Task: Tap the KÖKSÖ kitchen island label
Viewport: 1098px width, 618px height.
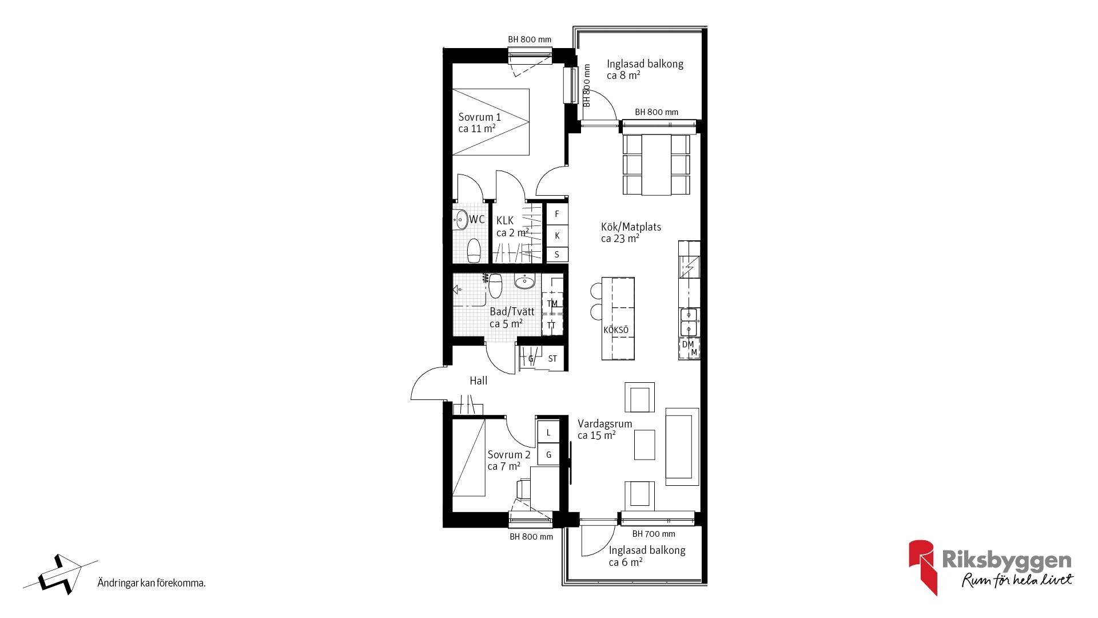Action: (x=616, y=330)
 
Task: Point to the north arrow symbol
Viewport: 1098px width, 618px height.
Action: (x=60, y=574)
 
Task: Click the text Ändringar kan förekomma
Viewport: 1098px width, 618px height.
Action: (x=151, y=584)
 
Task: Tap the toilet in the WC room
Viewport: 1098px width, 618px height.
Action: (x=474, y=250)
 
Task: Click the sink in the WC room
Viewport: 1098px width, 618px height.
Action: (x=460, y=219)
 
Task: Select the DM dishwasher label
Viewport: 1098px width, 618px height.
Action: (x=687, y=344)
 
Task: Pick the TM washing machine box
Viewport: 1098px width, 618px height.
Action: (x=552, y=303)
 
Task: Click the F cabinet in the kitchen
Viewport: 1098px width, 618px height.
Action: (x=557, y=214)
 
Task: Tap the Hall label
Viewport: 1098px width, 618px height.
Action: (x=479, y=381)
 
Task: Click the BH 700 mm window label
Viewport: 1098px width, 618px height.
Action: (x=654, y=534)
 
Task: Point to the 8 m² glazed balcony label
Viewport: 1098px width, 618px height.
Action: (x=645, y=69)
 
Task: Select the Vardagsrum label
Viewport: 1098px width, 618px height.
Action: (x=604, y=424)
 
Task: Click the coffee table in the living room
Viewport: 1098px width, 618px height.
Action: (x=645, y=445)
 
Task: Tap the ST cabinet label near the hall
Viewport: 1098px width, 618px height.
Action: (x=552, y=359)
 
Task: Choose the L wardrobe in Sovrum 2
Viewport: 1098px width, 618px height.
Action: (x=548, y=432)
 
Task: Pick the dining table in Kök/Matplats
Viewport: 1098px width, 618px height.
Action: (x=656, y=164)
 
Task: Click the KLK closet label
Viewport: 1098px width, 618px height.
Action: (x=505, y=220)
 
